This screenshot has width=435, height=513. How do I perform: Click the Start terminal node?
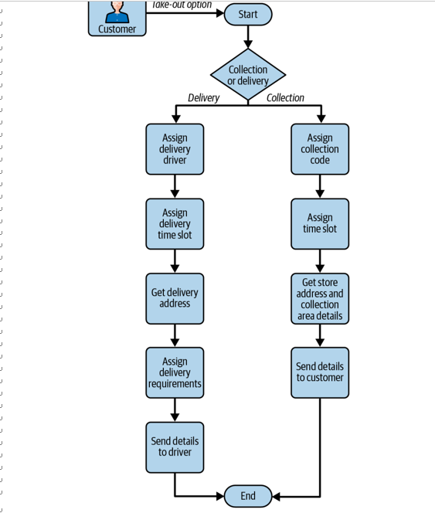tap(248, 15)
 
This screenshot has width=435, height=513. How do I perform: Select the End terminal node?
tap(248, 496)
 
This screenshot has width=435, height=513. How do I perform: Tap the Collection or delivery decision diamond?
tap(248, 75)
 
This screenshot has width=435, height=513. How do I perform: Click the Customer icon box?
tap(117, 18)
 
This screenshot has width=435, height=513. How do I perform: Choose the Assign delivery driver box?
tap(175, 149)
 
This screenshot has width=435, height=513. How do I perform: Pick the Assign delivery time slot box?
tap(175, 224)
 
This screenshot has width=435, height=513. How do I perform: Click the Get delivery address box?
tap(175, 298)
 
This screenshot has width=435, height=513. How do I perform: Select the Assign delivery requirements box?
tap(175, 372)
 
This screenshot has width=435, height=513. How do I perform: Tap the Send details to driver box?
tap(175, 447)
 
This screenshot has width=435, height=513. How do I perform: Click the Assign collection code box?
tap(320, 149)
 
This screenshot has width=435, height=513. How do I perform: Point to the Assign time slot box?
tap(320, 224)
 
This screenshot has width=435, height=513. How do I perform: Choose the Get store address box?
tap(320, 298)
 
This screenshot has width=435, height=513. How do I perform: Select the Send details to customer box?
tap(320, 372)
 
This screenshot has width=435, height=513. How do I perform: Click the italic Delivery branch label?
tap(203, 98)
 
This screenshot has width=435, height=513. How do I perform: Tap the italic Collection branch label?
tap(285, 97)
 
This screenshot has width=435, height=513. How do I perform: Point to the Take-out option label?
tap(182, 5)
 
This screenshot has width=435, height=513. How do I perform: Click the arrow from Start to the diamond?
tap(248, 37)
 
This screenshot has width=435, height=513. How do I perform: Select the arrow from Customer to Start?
tap(185, 13)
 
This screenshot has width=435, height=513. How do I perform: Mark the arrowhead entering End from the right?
tap(276, 496)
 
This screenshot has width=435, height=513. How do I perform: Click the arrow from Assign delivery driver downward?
tap(175, 186)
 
